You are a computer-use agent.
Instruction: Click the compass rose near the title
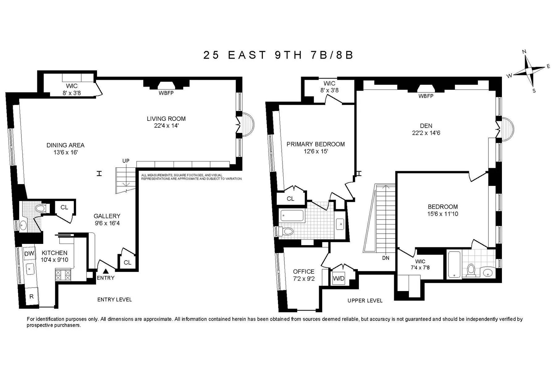point(529,71)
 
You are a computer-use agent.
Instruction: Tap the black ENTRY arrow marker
point(106,271)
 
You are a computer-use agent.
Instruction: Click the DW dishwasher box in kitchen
point(29,254)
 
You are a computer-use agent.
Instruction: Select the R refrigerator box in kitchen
point(31,296)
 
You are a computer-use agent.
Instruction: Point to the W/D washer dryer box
point(339,278)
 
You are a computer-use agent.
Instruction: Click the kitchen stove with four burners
point(62,274)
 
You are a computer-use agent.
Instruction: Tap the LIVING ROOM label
point(166,119)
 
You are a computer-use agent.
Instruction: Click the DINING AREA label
point(65,145)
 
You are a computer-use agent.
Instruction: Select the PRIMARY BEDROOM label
point(315,144)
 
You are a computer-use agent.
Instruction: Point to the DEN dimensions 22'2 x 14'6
point(426,133)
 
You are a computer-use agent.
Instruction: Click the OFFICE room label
point(304,271)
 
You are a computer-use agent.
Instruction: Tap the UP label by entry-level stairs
point(126,161)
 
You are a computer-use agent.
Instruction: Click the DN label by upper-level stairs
point(385,258)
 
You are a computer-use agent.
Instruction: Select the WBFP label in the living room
point(166,93)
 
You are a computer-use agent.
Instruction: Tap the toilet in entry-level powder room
point(40,208)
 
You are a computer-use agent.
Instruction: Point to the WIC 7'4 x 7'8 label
point(420,265)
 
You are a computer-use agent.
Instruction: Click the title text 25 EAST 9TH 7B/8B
point(278,55)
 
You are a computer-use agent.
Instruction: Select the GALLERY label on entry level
point(107,216)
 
